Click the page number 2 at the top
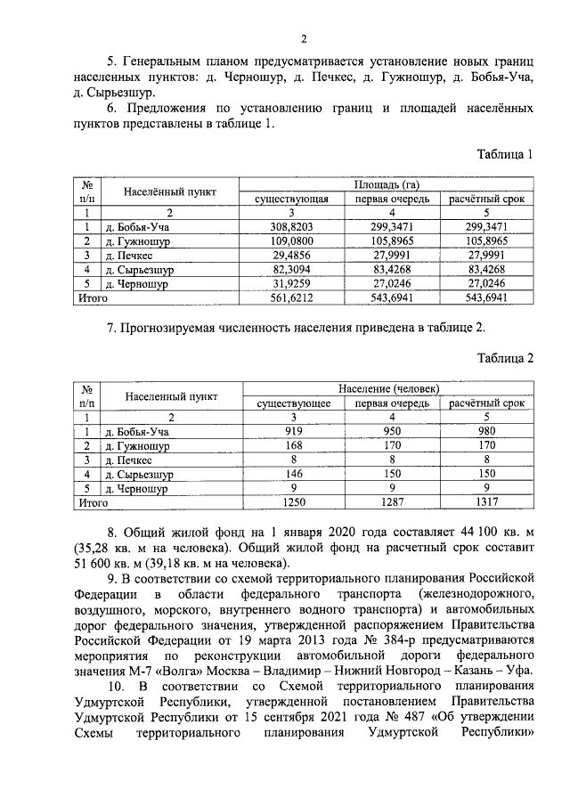coord(304,37)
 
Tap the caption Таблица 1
coord(504,153)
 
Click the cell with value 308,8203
coord(292,227)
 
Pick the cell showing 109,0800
coord(292,241)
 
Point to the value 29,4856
coord(292,256)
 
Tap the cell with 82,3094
coord(292,270)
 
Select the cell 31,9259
coord(292,284)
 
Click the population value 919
coord(294,432)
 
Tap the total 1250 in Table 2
coord(294,502)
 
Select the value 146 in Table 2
coord(294,475)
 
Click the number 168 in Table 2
coord(294,446)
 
